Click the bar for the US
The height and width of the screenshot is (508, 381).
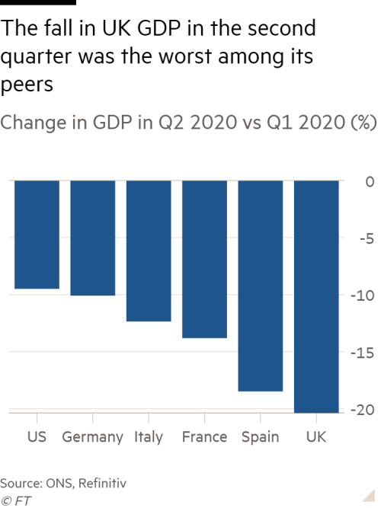37,235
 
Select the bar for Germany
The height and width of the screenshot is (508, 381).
92,238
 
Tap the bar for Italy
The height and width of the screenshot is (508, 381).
148,251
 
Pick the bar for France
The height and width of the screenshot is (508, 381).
204,260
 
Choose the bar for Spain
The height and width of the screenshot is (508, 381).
260,286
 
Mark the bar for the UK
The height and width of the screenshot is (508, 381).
315,296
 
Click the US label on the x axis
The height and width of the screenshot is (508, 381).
37,437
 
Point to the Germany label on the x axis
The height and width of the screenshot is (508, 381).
92,437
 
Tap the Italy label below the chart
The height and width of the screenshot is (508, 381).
148,437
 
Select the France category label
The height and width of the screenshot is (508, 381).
204,437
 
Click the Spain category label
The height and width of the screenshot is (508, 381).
260,437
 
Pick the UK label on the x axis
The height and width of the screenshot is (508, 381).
315,437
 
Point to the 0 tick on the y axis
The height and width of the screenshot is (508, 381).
369,181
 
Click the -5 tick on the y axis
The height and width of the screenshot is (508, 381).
366,238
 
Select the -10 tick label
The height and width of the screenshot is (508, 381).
363,296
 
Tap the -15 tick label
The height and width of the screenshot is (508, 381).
363,353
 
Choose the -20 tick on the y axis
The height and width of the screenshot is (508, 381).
363,410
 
